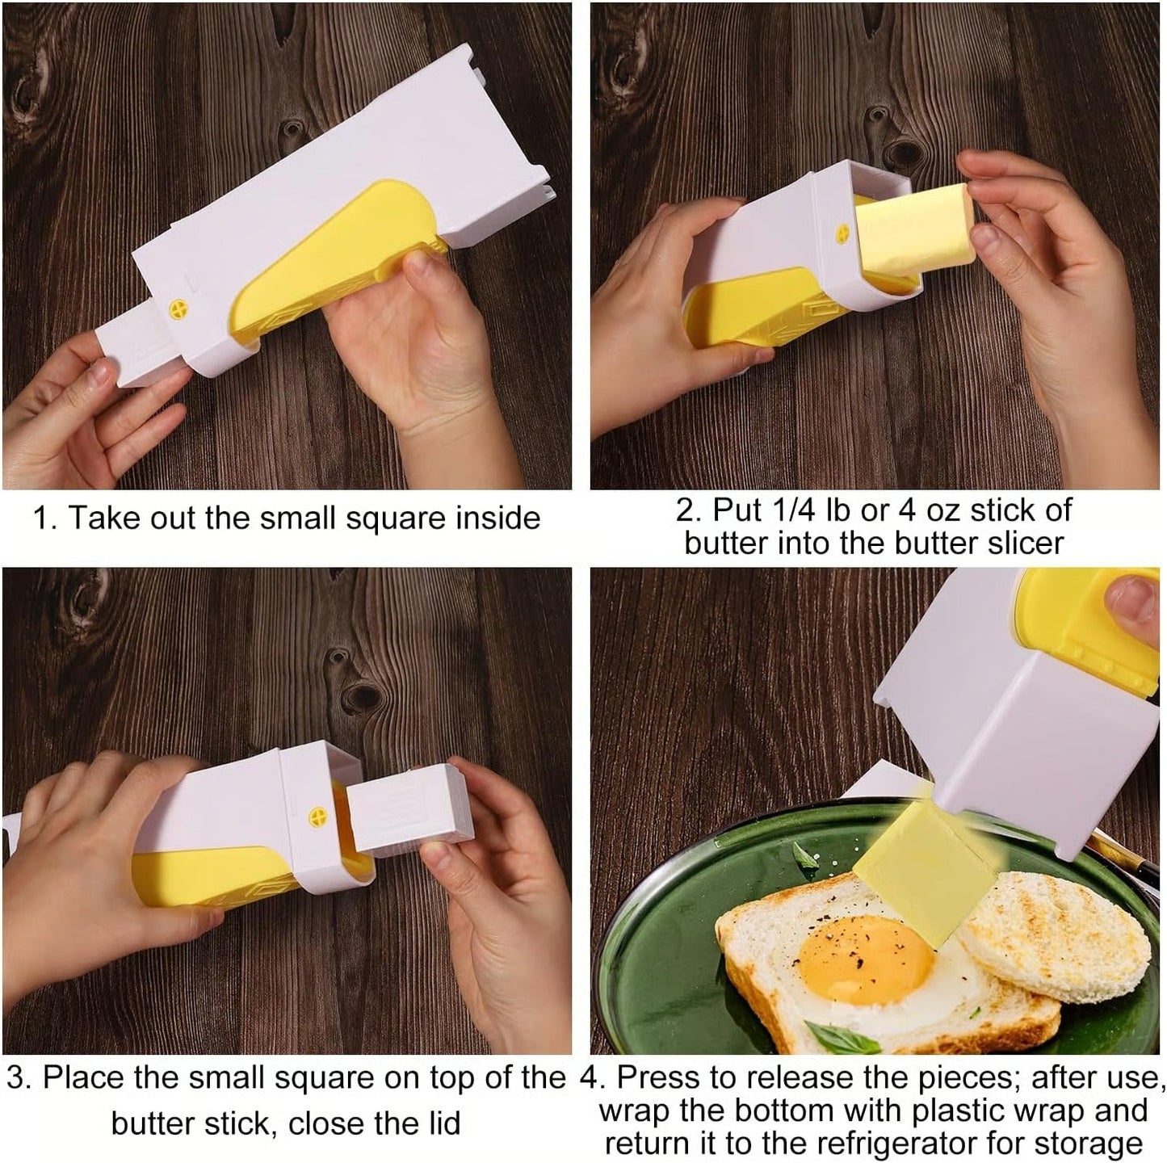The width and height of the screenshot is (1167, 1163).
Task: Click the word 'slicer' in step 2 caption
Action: pos(1024,543)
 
